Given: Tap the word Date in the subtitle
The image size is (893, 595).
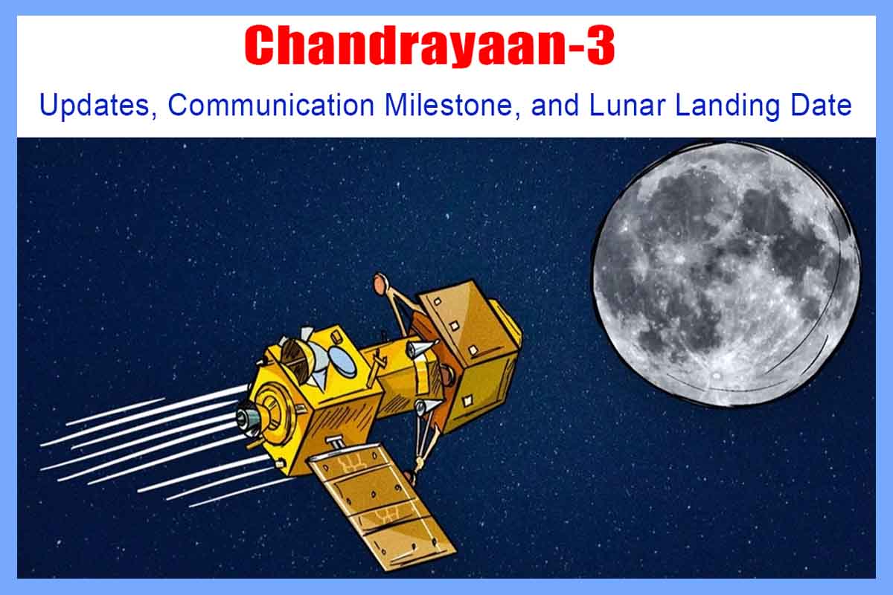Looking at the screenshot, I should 824,105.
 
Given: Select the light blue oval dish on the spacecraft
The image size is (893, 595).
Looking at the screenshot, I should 343,361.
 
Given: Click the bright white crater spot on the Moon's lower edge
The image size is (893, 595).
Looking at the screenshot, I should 716,376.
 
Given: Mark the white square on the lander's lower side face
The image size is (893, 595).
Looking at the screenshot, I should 467,402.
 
